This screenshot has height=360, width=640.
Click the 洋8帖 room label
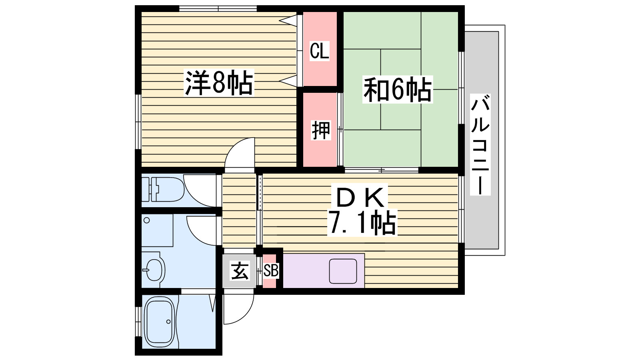(x=219, y=82)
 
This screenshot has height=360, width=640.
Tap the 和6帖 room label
(x=398, y=90)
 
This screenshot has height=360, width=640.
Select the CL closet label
(x=320, y=51)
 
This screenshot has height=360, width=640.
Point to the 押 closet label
(x=321, y=130)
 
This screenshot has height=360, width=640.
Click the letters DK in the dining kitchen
(x=360, y=198)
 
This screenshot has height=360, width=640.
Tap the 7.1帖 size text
(x=362, y=222)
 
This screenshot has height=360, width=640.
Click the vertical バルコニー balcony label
(x=480, y=145)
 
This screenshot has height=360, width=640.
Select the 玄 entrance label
(x=240, y=271)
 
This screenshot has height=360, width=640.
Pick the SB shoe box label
(x=270, y=270)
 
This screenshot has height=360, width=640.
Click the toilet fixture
(x=163, y=189)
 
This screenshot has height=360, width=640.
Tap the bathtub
(x=160, y=322)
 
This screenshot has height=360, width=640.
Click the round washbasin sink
(x=154, y=270)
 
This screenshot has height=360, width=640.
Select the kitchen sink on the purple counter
(x=343, y=271)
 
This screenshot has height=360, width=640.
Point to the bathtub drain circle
(x=168, y=322)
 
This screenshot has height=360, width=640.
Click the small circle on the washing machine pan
(x=146, y=220)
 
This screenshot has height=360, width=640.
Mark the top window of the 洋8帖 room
(x=218, y=9)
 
